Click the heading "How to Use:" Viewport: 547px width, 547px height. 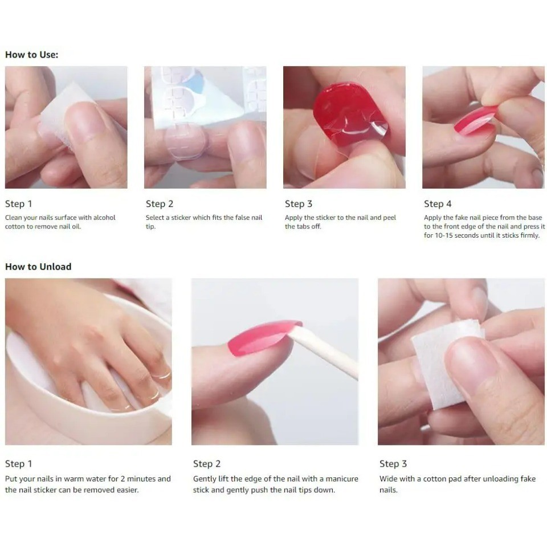point(32,55)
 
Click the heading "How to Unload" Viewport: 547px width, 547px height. point(38,267)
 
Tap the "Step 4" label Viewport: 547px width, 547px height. point(438,204)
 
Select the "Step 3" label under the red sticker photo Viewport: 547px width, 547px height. point(299,204)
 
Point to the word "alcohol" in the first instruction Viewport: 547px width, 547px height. point(104,218)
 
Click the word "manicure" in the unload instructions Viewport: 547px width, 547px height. point(342,479)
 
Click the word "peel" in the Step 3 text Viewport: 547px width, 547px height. point(390,218)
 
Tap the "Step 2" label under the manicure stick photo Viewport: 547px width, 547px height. point(207,464)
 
